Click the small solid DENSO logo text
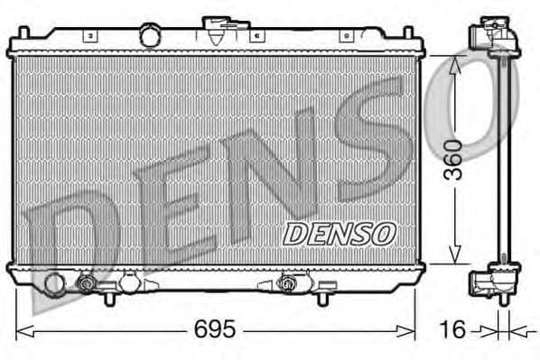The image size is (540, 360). pyautogui.click(x=340, y=233)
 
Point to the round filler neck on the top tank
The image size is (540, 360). pyautogui.click(x=150, y=36)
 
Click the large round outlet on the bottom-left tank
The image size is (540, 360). pyautogui.click(x=54, y=283)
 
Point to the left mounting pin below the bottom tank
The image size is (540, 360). pyautogui.click(x=109, y=297)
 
